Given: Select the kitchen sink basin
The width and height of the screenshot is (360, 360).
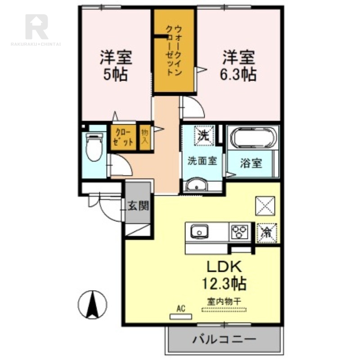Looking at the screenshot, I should coord(198,232).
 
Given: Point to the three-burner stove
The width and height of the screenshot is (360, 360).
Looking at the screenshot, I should coord(239,232).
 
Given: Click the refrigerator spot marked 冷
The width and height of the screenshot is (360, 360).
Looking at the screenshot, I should coord(266,233).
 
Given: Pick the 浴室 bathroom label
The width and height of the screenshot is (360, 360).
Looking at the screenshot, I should coord(250,163).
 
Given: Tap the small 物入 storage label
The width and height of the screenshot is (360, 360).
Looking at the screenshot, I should coord(145,137).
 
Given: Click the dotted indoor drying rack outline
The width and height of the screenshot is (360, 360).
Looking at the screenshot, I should coord(224,310).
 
